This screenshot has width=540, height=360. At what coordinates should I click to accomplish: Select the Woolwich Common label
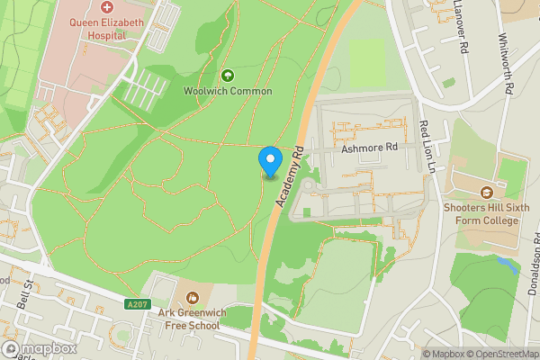coord(227,91)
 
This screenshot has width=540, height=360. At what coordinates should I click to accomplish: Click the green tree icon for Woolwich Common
coord(227,76)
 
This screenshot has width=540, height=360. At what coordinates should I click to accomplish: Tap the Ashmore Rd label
coord(369,148)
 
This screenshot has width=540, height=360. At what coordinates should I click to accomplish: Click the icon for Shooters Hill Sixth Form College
coord(487,193)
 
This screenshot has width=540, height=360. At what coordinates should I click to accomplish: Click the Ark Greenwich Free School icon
coord(191,297)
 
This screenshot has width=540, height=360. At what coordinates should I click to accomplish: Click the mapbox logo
coord(40,348)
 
